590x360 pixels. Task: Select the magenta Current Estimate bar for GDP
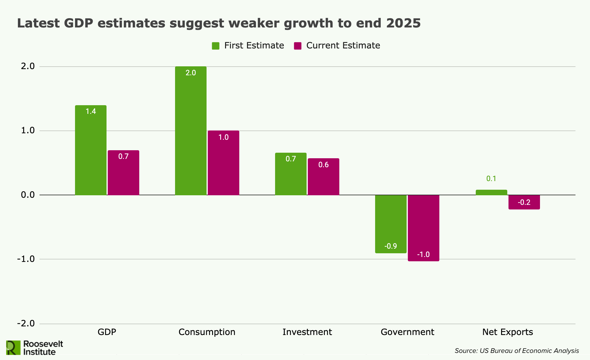(x=123, y=173)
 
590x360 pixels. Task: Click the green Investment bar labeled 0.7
(x=291, y=174)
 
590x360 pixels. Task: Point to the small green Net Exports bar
(x=491, y=192)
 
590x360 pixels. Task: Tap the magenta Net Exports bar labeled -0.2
(x=524, y=202)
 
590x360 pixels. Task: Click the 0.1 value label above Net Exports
(x=491, y=179)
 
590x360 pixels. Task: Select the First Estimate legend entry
(x=248, y=46)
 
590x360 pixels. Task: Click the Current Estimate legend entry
(x=337, y=46)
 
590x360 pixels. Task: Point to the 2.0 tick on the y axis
(x=28, y=66)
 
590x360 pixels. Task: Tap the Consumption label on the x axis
(x=207, y=332)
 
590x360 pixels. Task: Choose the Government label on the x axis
(x=407, y=332)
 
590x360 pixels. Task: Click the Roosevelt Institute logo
(x=35, y=348)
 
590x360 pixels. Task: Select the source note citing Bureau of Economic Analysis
(x=517, y=351)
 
